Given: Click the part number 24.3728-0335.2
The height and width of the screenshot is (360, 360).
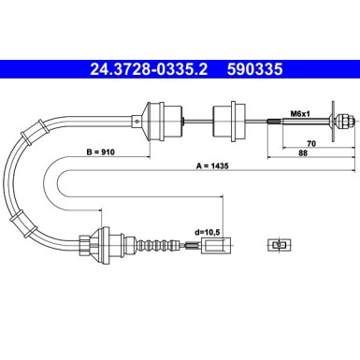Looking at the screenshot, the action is (x=149, y=69).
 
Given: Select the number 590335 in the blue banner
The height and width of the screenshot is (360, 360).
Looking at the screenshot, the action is (x=254, y=69).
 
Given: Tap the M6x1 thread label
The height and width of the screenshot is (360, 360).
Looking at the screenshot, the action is (x=300, y=114).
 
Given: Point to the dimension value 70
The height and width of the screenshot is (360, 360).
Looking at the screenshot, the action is (x=311, y=143).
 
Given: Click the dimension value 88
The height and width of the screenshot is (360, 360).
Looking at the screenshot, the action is (x=303, y=153).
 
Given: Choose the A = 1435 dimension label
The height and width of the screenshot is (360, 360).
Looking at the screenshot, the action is (x=212, y=166).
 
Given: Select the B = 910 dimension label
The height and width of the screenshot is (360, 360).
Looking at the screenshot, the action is (x=100, y=152).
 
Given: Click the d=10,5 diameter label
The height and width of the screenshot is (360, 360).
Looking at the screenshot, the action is (x=208, y=232).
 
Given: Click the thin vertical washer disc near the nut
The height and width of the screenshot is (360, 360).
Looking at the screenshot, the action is (x=333, y=121).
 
